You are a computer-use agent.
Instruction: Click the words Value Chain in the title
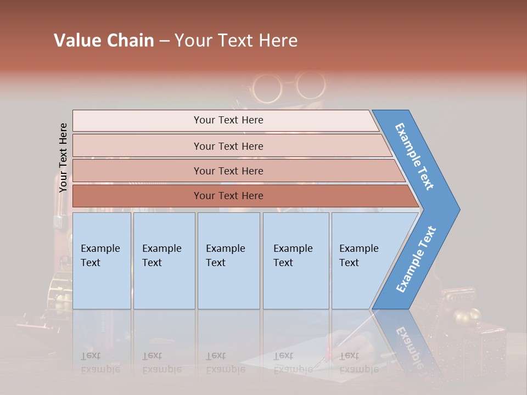coord(104,41)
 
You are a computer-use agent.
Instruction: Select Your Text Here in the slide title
coord(236,41)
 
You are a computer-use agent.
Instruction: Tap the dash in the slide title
coord(164,41)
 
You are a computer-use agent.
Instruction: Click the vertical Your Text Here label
coord(63,157)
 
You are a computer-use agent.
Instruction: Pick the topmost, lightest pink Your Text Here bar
coord(228,120)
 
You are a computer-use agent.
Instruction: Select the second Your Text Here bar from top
coord(228,146)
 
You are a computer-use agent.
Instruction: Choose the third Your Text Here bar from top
coord(228,171)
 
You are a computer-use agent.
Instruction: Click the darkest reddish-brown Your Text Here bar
coord(228,196)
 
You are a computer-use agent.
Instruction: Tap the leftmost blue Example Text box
coord(102,260)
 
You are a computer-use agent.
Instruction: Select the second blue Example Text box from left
coord(164,260)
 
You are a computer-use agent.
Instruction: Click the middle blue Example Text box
coord(228,260)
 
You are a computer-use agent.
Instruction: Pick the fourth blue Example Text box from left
coord(295,260)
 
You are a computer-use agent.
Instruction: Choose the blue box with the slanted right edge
coord(362,260)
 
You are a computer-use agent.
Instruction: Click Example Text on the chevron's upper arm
coord(414,156)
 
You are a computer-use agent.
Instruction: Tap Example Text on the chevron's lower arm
coord(416,259)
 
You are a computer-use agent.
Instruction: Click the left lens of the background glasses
coord(267,87)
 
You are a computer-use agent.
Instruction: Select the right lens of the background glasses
coord(309,85)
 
